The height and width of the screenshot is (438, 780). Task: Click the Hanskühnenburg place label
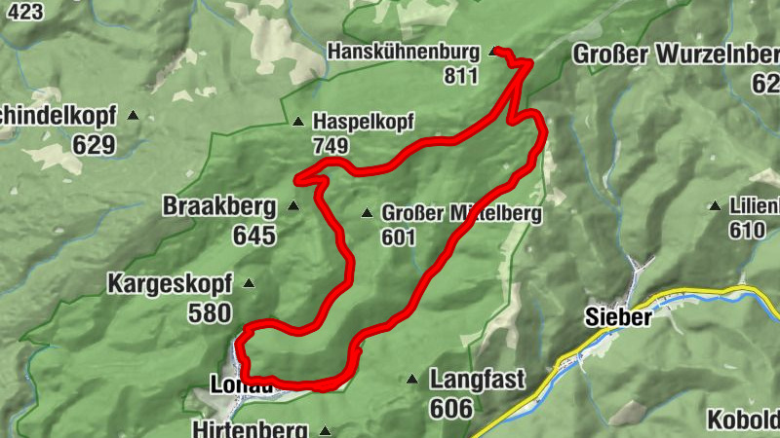pyautogui.click(x=404, y=51)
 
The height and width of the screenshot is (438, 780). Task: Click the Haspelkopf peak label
pyautogui.click(x=364, y=122)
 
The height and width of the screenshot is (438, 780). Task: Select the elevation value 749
pyautogui.click(x=331, y=145)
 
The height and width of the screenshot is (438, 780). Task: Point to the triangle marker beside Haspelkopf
pyautogui.click(x=298, y=122)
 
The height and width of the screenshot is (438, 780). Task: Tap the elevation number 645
pyautogui.click(x=254, y=235)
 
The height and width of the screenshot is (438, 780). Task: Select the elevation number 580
pyautogui.click(x=210, y=312)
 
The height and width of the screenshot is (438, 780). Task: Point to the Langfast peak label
pyautogui.click(x=478, y=379)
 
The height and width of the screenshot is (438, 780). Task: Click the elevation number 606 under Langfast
pyautogui.click(x=450, y=408)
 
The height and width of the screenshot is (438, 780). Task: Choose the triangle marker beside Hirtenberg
pyautogui.click(x=325, y=430)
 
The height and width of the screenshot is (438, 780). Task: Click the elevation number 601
pyautogui.click(x=399, y=237)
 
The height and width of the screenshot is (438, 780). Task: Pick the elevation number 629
pyautogui.click(x=94, y=145)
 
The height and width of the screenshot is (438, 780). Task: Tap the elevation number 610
pyautogui.click(x=748, y=230)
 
